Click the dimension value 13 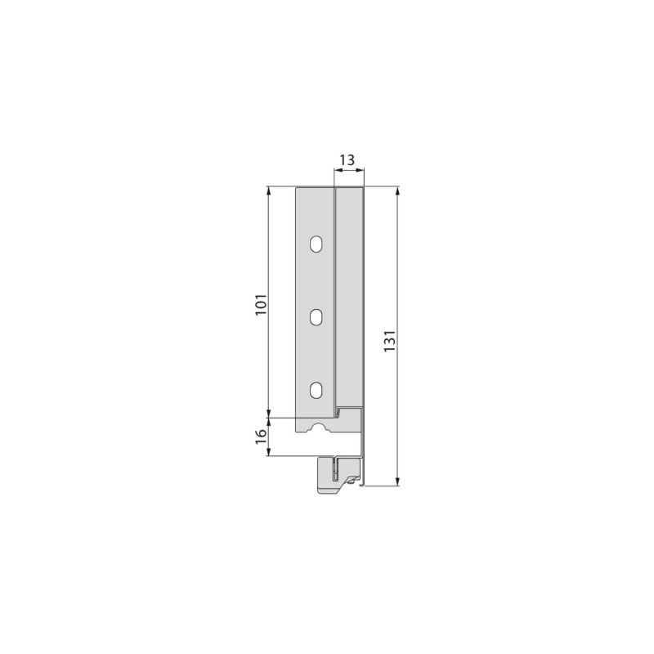(347, 159)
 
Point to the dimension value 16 (259, 436)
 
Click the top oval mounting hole (316, 244)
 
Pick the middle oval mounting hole (316, 316)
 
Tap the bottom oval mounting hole (316, 389)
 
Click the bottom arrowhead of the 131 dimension (397, 482)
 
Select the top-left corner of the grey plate (297, 188)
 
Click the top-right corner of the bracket (364, 188)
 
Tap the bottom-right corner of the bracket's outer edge (364, 485)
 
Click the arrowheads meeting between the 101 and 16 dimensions (269, 417)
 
